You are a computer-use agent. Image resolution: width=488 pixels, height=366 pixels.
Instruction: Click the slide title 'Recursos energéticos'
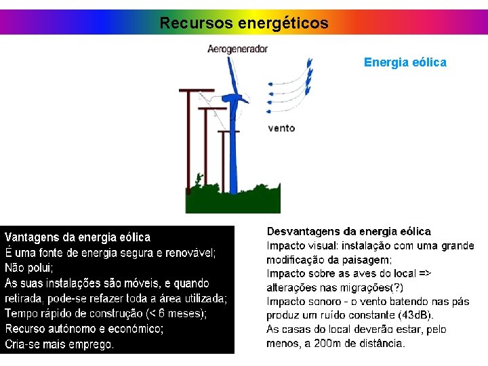coord(244,23)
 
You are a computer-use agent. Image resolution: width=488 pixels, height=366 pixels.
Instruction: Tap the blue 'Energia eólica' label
coord(405,62)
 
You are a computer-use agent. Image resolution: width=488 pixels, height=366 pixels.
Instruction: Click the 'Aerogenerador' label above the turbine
coord(237,49)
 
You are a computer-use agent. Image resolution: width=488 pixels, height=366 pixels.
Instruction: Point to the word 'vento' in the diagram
coord(281,128)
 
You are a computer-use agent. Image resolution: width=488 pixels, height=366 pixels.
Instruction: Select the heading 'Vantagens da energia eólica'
coord(78,237)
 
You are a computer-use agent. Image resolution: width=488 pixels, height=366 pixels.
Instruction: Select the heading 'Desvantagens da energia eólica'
coord(348,232)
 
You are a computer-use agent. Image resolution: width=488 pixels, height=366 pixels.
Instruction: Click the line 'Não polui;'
coord(29,268)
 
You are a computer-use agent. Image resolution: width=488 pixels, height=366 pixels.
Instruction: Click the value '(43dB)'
coord(415,315)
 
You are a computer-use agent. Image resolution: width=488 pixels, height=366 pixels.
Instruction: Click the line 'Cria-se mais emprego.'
coord(60,344)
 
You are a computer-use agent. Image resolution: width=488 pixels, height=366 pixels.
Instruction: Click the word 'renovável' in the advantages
coord(192,253)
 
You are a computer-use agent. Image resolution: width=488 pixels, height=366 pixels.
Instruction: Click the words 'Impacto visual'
coord(298,245)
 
